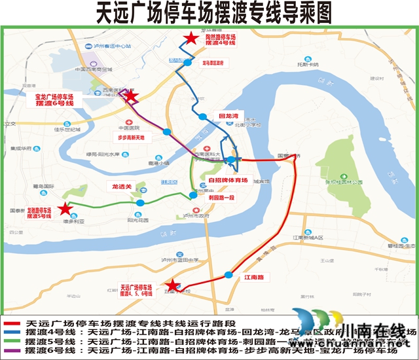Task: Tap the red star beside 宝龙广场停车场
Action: pyautogui.click(x=131, y=97)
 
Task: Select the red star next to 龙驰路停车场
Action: pyautogui.click(x=64, y=209)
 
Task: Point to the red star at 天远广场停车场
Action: pyautogui.click(x=172, y=285)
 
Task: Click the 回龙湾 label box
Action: pyautogui.click(x=227, y=115)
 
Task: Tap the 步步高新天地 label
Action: pyautogui.click(x=134, y=138)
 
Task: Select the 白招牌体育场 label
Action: pyautogui.click(x=227, y=180)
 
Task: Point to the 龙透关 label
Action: pyautogui.click(x=122, y=187)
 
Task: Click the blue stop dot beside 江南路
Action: pyautogui.click(x=228, y=274)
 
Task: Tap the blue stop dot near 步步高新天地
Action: pyautogui.click(x=167, y=132)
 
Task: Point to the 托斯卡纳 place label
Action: pyautogui.click(x=308, y=64)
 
